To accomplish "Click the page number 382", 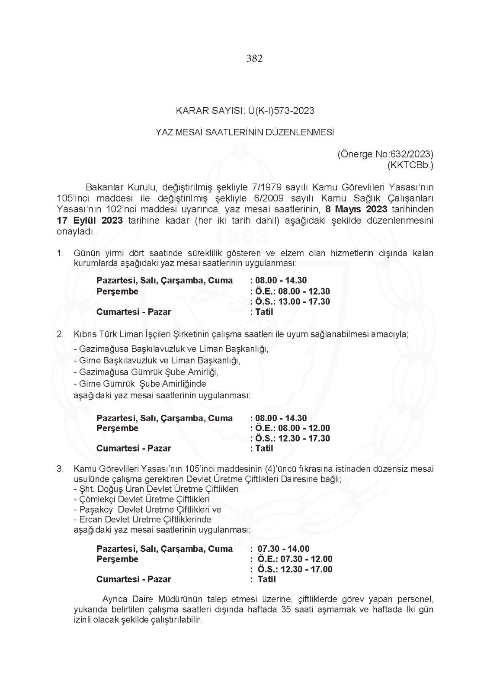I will click(254, 58).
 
